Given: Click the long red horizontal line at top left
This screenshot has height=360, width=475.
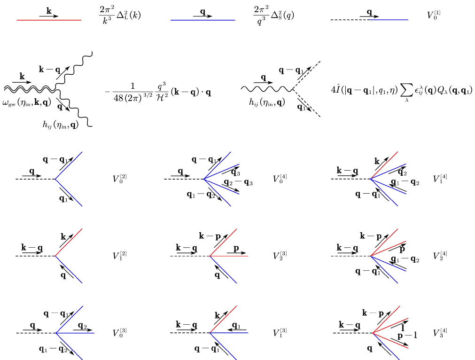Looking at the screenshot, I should click(49, 20).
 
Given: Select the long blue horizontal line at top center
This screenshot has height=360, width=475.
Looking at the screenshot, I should click(202, 20).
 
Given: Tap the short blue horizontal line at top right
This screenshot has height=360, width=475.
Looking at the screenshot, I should click(389, 20).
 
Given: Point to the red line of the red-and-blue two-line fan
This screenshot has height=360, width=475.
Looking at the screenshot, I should click(70, 241).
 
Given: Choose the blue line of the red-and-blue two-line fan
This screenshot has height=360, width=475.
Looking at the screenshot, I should click(70, 272).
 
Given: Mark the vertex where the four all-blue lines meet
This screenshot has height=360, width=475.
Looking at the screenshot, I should click(203, 179).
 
